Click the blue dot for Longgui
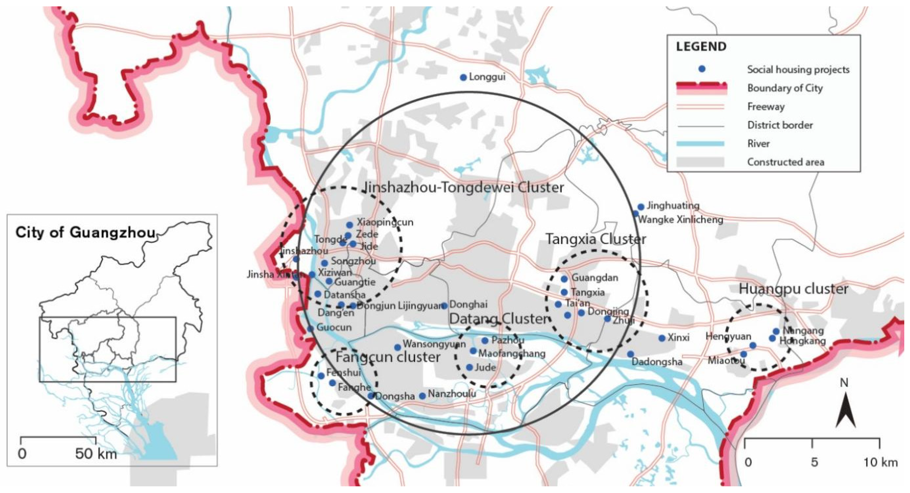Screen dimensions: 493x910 (463, 77)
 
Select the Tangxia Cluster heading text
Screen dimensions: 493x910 (596, 239)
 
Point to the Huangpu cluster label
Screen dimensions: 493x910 (793, 289)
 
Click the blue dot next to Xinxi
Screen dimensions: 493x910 (662, 338)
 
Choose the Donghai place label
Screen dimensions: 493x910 (469, 304)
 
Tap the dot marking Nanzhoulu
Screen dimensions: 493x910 (422, 396)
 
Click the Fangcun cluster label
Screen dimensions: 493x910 (387, 357)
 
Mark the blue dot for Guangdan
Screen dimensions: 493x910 (564, 279)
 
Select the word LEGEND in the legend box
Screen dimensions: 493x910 (701, 47)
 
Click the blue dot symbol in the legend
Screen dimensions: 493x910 (702, 69)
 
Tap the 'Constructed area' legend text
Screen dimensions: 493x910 (785, 162)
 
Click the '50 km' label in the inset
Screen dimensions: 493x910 (96, 454)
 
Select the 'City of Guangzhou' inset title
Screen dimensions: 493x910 (85, 233)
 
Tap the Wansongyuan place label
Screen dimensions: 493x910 (434, 344)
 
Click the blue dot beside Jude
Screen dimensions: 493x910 (469, 368)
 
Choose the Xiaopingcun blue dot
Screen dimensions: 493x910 (349, 225)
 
